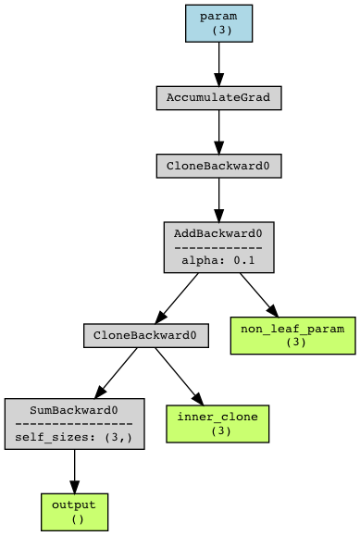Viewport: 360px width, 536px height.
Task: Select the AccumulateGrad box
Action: [218, 97]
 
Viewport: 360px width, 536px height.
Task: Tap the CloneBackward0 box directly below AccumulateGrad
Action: [218, 166]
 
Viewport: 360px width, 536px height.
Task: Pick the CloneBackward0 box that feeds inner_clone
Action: [145, 335]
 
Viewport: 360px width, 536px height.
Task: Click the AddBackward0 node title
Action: [218, 233]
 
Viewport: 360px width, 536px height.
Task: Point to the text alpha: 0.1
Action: [218, 261]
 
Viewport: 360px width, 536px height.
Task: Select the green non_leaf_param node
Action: [292, 335]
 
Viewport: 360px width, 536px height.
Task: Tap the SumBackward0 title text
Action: [74, 409]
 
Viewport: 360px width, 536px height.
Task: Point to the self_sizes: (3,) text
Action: [74, 436]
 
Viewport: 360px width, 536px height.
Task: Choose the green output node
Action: [74, 511]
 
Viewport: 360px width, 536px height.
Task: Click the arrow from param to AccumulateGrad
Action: [218, 65]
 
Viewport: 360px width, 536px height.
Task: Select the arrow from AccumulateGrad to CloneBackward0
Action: [218, 131]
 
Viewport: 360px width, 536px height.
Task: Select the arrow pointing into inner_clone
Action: [180, 375]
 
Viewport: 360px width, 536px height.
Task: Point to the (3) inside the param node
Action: [218, 30]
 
